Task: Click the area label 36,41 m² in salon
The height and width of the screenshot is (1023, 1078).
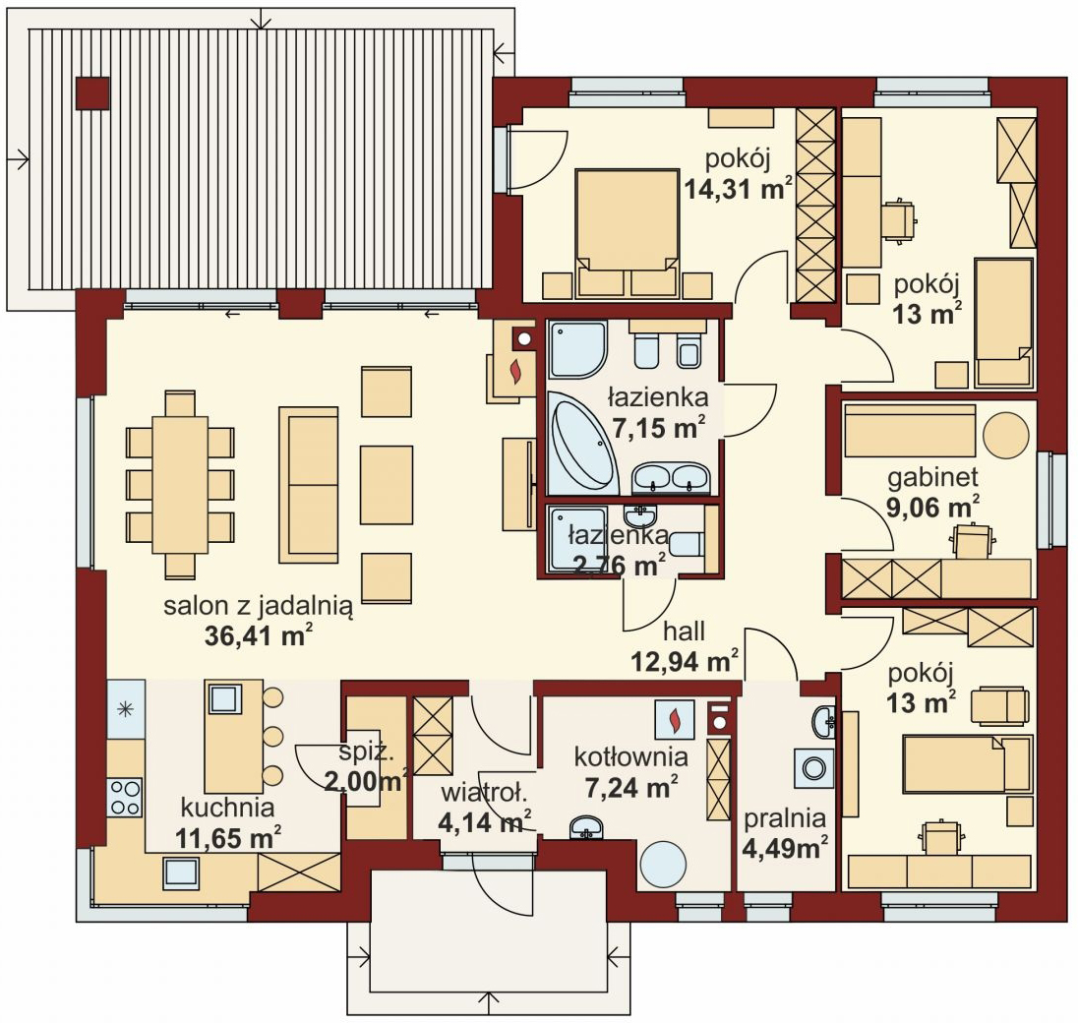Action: [x=258, y=635]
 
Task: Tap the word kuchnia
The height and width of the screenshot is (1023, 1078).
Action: [x=226, y=808]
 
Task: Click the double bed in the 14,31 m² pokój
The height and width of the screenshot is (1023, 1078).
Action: [x=627, y=222]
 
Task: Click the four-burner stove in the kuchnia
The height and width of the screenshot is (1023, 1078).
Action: [x=125, y=796]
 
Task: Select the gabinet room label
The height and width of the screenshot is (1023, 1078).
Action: [x=932, y=478]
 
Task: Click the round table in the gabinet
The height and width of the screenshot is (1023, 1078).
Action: [x=1005, y=434]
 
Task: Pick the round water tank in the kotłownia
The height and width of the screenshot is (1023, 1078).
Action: [x=663, y=865]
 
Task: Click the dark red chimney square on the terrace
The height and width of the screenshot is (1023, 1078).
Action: [x=93, y=92]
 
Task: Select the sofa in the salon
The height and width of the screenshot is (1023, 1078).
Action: [x=308, y=484]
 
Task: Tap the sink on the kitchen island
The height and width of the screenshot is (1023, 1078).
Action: [x=223, y=698]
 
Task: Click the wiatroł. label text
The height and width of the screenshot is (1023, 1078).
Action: [x=473, y=793]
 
